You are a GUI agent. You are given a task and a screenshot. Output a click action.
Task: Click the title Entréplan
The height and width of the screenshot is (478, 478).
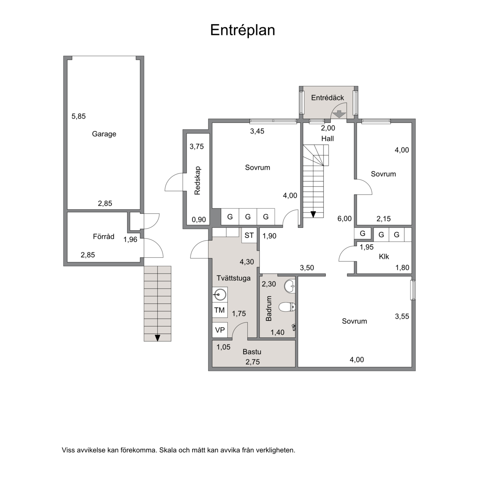(x=243, y=30)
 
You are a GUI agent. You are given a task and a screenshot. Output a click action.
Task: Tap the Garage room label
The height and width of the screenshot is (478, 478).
(x=104, y=134)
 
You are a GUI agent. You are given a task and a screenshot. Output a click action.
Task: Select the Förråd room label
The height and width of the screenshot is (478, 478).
(x=104, y=236)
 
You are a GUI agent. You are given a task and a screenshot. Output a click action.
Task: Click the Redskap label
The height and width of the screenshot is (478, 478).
(x=197, y=180)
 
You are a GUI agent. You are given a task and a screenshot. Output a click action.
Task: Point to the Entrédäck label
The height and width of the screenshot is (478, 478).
(x=327, y=98)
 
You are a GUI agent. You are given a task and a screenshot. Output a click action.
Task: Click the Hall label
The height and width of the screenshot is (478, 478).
(x=327, y=139)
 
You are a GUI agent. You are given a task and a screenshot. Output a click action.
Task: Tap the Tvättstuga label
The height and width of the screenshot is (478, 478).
(x=234, y=278)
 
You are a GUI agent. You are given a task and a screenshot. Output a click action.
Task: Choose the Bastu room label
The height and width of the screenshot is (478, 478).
(x=252, y=352)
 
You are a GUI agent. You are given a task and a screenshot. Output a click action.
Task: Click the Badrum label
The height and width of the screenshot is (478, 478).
(x=268, y=308)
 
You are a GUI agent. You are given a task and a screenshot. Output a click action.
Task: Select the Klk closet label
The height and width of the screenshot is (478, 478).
(x=384, y=257)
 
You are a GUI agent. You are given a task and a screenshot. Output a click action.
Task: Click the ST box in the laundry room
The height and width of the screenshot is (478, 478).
(x=249, y=235)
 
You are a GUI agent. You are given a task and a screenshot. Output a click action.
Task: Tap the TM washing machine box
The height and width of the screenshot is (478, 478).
(x=219, y=310)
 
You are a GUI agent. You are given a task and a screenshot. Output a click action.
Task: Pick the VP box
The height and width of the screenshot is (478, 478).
(x=220, y=330)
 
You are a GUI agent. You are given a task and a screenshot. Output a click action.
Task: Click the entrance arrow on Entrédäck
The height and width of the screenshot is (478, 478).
(x=339, y=115)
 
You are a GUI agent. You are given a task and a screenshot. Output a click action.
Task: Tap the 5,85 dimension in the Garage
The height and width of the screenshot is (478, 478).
(x=79, y=116)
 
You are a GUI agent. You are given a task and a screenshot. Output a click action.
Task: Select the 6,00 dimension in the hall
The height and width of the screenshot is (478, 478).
(x=344, y=219)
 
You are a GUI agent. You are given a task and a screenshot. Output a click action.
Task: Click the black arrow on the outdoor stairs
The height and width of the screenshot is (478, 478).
(x=157, y=338)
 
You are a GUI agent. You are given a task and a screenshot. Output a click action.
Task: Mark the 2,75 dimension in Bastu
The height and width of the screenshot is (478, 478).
(x=253, y=362)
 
